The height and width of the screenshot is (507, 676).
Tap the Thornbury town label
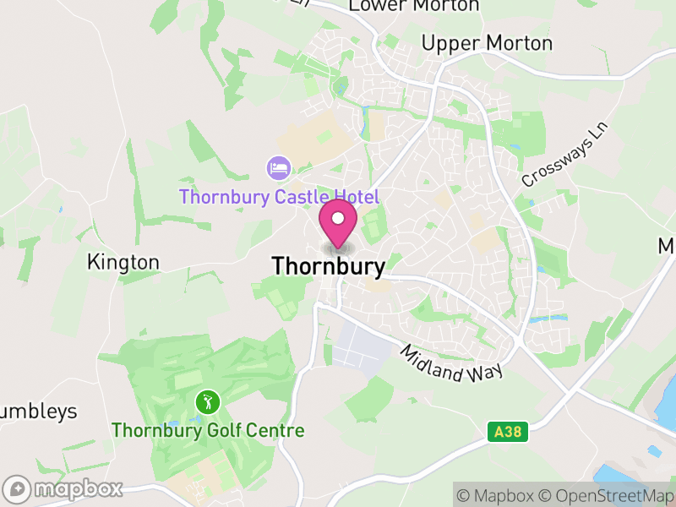click(328, 266)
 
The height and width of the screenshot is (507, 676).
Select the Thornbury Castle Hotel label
click(279, 197)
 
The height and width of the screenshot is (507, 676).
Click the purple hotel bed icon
click(277, 167)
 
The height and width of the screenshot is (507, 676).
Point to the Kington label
click(123, 262)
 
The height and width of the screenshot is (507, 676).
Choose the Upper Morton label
click(487, 43)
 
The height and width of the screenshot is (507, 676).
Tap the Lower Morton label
click(414, 6)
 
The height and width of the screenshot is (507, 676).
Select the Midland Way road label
click(452, 363)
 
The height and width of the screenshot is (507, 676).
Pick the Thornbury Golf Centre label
click(208, 430)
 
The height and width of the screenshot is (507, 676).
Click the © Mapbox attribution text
click(499, 495)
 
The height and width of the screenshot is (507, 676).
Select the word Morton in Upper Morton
click(522, 43)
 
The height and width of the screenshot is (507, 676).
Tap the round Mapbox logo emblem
click(18, 488)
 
